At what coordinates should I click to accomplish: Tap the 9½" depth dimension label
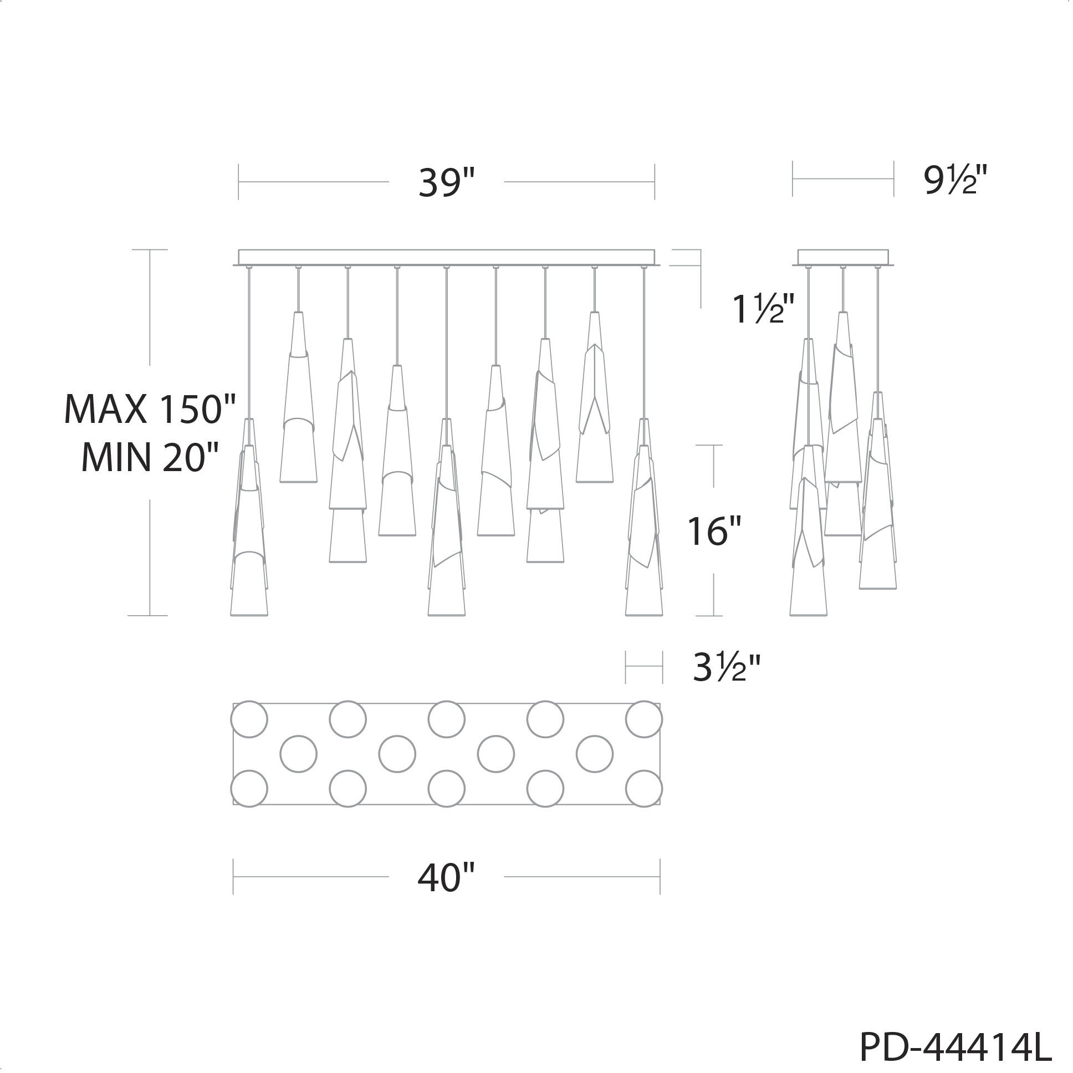(x=956, y=181)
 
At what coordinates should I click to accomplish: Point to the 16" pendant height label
(x=715, y=531)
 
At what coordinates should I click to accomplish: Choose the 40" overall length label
(x=447, y=877)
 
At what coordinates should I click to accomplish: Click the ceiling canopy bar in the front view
(x=447, y=258)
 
